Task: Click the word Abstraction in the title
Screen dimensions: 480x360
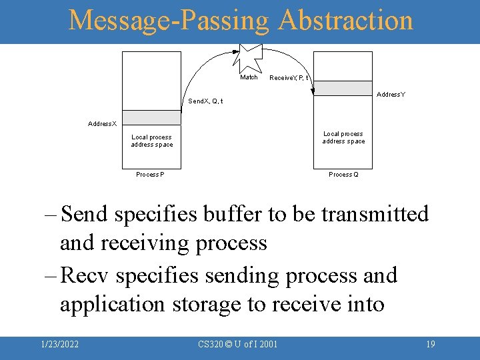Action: point(346,21)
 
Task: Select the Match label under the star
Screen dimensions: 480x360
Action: point(249,77)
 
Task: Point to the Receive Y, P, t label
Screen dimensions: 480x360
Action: point(288,78)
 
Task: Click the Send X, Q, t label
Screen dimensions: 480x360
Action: point(205,101)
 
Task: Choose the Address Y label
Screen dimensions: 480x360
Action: point(391,95)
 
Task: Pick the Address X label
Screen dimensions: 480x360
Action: point(102,124)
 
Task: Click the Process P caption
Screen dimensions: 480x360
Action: point(150,175)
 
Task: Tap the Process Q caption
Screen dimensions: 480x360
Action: point(343,175)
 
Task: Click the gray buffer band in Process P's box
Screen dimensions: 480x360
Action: point(151,117)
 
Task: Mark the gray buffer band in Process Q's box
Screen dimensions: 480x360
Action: point(343,88)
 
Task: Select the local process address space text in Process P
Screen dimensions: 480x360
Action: point(151,141)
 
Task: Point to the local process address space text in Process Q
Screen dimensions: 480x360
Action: point(343,137)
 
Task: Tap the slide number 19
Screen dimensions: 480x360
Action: point(430,344)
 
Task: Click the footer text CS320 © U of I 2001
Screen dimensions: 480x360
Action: point(238,344)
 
